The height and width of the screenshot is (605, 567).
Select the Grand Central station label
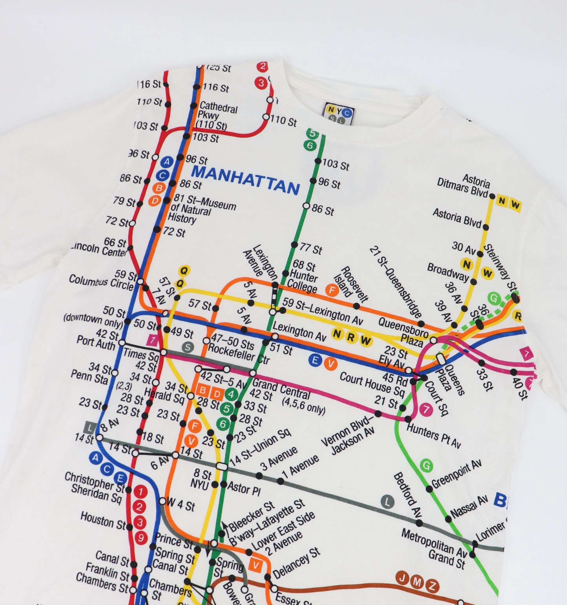pos(281,387)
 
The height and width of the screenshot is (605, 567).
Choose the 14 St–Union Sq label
pos(261,447)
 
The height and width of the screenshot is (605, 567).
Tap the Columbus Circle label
pos(101,281)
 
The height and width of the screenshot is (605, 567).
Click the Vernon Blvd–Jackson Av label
pos(348,436)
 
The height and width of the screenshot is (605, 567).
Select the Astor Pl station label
pos(244,489)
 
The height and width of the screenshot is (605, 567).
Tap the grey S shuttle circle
pos(188,347)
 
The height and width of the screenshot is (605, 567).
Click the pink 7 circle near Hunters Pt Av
pos(425,410)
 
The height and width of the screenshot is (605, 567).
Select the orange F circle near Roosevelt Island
pos(332,290)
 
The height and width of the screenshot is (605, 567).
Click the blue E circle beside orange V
pos(315,360)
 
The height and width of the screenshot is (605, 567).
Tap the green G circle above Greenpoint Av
pos(426,466)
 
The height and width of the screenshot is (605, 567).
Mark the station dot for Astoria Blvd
pos(486,227)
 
